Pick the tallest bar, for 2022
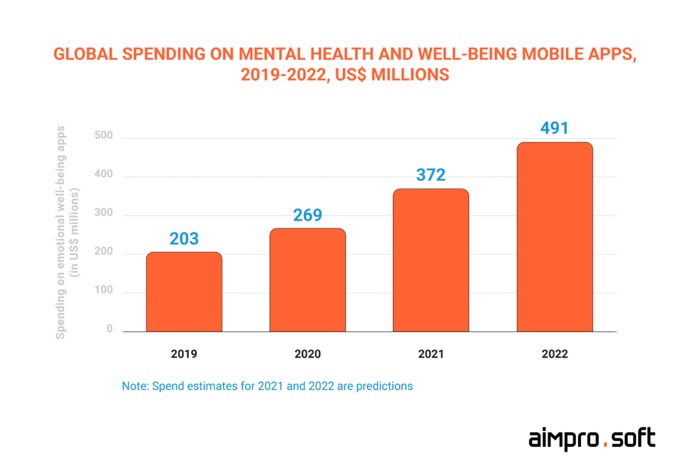pyautogui.click(x=555, y=237)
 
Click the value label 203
pyautogui.click(x=184, y=239)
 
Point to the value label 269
pyautogui.click(x=307, y=215)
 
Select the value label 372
pyautogui.click(x=431, y=176)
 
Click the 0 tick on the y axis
pyautogui.click(x=108, y=330)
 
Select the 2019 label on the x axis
pyautogui.click(x=184, y=354)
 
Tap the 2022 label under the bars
pyautogui.click(x=555, y=354)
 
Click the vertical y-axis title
pyautogui.click(x=68, y=232)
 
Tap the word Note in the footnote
pyautogui.click(x=135, y=386)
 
